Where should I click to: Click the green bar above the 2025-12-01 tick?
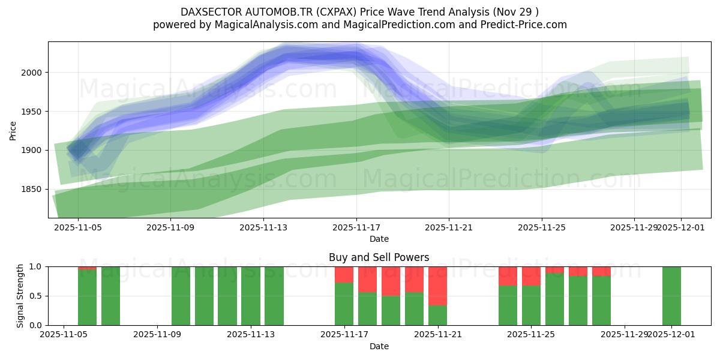pyautogui.click(x=671, y=296)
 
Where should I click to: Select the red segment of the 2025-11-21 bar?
pyautogui.click(x=437, y=286)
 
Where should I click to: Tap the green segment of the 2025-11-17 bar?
pyautogui.click(x=344, y=304)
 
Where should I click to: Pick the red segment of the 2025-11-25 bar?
pyautogui.click(x=531, y=276)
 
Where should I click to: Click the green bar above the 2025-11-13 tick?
pyautogui.click(x=250, y=296)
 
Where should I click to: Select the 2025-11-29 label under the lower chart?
pyautogui.click(x=624, y=335)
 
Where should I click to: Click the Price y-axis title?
pyautogui.click(x=13, y=130)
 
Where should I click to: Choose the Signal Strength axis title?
pyautogui.click(x=20, y=296)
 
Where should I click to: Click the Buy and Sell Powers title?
pyautogui.click(x=379, y=257)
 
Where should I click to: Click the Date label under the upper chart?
pyautogui.click(x=379, y=239)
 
